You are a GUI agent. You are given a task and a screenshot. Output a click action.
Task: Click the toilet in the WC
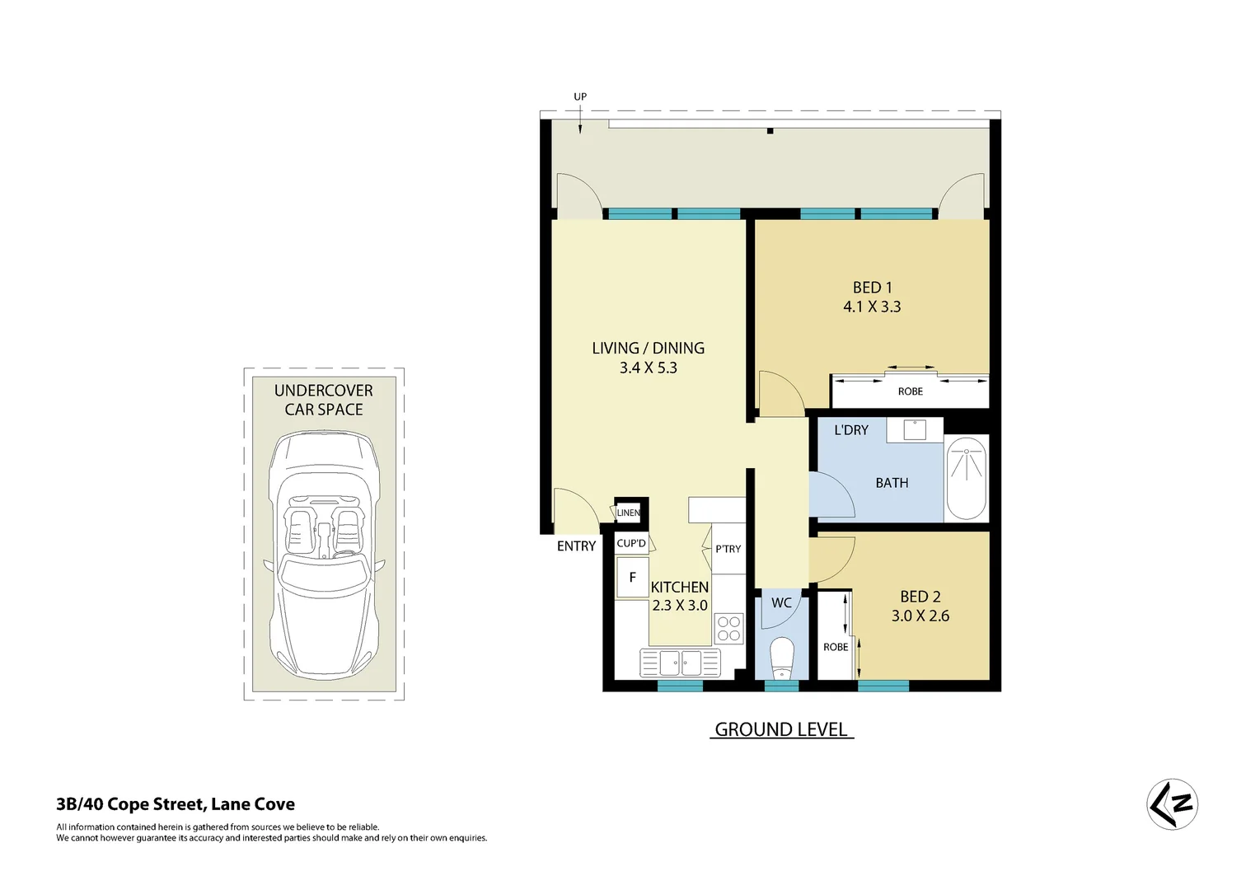click(x=781, y=657)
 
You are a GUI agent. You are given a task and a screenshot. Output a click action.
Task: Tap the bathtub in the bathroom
click(x=966, y=479)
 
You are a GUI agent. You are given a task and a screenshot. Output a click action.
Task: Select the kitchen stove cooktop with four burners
click(x=728, y=629)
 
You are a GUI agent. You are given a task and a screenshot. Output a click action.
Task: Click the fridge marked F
click(x=632, y=578)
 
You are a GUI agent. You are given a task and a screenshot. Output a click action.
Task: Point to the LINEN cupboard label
click(x=629, y=513)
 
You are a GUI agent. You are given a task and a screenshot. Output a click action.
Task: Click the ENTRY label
click(x=576, y=546)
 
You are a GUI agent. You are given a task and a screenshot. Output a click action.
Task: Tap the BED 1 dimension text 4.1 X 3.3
click(x=872, y=307)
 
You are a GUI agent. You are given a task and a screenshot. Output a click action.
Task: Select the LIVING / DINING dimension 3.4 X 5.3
click(x=648, y=368)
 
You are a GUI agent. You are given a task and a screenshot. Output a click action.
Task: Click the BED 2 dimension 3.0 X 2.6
click(x=920, y=616)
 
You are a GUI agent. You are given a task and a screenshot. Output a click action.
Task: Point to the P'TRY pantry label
click(x=728, y=549)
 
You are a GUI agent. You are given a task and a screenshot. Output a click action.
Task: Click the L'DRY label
click(x=851, y=430)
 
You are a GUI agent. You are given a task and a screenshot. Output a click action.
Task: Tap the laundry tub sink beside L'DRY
click(x=915, y=429)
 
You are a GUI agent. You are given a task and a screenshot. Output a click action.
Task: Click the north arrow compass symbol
click(x=1172, y=803)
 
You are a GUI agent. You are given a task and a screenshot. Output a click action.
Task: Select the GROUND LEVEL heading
click(x=780, y=729)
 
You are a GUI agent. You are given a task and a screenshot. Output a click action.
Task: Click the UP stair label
click(x=580, y=96)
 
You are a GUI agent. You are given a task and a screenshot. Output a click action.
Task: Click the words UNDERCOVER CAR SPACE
click(x=323, y=400)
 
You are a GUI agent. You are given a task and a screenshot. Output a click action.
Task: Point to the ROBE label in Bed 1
click(x=910, y=391)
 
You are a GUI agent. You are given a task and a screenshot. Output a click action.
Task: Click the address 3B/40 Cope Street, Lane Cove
click(x=176, y=804)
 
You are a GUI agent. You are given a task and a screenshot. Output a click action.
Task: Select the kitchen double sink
click(x=680, y=662)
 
